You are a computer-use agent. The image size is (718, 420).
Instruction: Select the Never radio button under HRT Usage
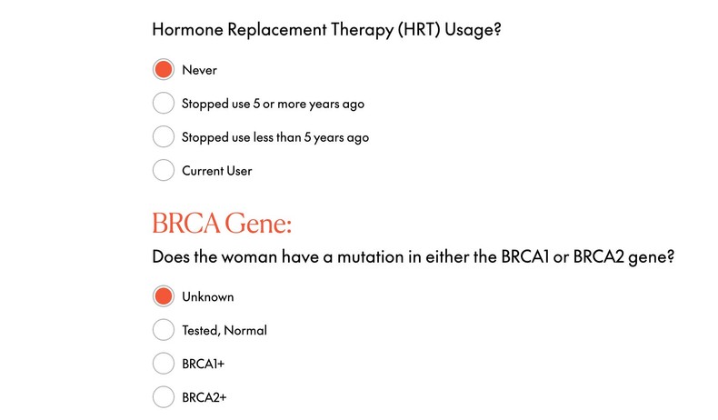[x=164, y=70]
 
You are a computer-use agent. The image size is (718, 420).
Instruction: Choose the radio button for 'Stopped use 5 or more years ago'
[x=164, y=104]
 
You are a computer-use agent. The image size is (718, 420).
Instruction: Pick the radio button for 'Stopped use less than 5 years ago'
[x=164, y=137]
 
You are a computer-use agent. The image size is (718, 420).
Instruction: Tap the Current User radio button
[x=164, y=170]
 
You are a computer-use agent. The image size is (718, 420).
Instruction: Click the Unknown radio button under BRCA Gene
[x=164, y=296]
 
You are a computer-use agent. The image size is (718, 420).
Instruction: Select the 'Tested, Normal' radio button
[x=164, y=330]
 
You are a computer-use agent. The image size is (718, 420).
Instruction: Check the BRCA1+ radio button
[x=164, y=364]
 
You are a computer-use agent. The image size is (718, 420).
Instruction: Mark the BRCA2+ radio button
[x=164, y=397]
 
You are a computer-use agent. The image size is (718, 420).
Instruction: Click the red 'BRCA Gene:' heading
[x=222, y=224]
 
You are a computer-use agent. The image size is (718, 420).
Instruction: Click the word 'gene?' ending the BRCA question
[x=652, y=256]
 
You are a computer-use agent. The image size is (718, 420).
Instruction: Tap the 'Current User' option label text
[x=216, y=170]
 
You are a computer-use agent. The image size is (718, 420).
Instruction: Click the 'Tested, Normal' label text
[x=224, y=330]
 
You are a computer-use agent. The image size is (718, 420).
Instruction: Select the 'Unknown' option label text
[x=207, y=296]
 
